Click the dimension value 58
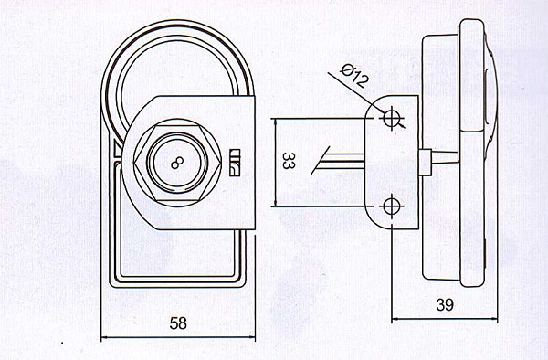(178, 323)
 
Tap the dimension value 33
(287, 161)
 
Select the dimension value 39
(445, 305)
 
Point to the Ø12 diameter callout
(354, 76)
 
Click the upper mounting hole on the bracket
(391, 118)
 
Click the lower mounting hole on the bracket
(391, 206)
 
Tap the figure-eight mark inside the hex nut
(177, 163)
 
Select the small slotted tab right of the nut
(236, 162)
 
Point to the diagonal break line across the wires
(321, 161)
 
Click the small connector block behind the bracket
(425, 162)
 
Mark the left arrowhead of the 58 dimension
(105, 337)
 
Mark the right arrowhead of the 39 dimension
(494, 319)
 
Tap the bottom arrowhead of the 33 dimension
(276, 202)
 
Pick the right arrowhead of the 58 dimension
(251, 337)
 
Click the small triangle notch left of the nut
(118, 150)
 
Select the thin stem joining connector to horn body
(445, 156)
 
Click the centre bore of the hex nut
(177, 163)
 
